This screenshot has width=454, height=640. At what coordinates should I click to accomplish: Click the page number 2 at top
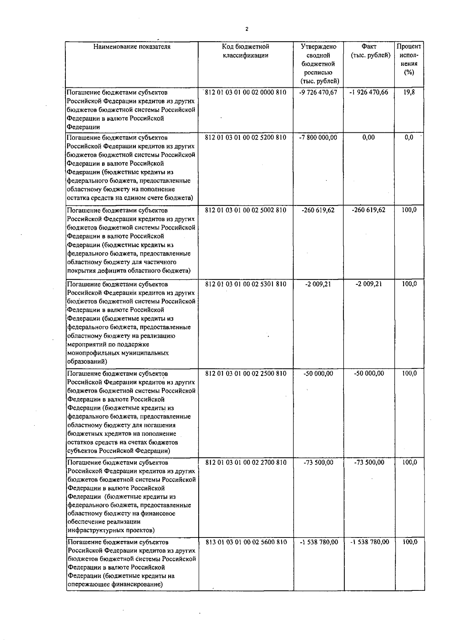(x=247, y=29)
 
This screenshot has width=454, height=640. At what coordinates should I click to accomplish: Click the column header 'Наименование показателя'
(x=132, y=47)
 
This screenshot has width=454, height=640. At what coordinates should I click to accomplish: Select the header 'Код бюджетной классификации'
(x=246, y=51)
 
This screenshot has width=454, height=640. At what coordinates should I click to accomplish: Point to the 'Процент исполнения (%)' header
(x=409, y=59)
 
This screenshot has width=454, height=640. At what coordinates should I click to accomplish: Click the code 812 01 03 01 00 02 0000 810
(x=246, y=92)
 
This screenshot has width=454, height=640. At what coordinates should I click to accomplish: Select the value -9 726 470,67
(x=318, y=92)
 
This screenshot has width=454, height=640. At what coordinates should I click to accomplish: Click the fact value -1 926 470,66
(x=368, y=92)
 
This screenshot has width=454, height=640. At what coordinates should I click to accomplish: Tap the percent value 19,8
(x=409, y=92)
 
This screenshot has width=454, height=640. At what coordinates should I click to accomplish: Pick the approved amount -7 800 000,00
(x=318, y=137)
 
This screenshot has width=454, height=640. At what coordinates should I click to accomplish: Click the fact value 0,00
(x=368, y=137)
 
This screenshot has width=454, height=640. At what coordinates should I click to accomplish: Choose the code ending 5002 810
(x=246, y=210)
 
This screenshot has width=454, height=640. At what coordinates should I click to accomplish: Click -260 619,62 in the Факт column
(x=368, y=210)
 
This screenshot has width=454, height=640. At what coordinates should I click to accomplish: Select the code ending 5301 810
(x=246, y=284)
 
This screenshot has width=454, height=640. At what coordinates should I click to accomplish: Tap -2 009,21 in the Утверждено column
(x=318, y=284)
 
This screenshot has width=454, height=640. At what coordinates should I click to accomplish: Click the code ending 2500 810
(x=246, y=373)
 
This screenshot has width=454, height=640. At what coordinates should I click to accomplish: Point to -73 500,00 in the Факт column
(x=369, y=462)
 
